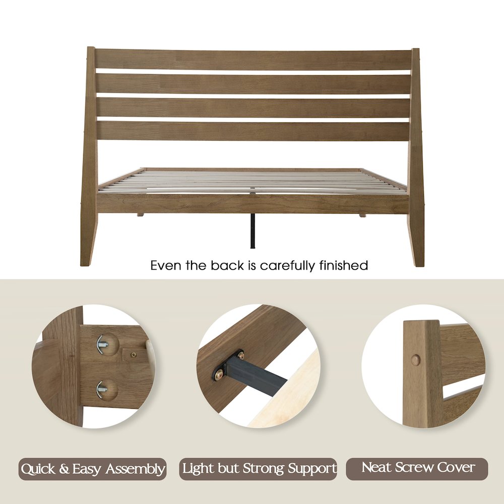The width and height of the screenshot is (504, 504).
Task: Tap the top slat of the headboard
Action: [252, 59]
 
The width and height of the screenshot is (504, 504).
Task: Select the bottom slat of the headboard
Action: [252, 131]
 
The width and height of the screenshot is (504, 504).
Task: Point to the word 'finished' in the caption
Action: [344, 265]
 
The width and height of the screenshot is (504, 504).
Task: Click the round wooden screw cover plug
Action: [415, 360]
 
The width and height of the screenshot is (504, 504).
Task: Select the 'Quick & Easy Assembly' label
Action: [93, 469]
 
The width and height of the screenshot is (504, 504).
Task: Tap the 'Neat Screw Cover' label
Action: [417, 468]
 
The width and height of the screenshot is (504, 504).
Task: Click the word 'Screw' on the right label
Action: [417, 468]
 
